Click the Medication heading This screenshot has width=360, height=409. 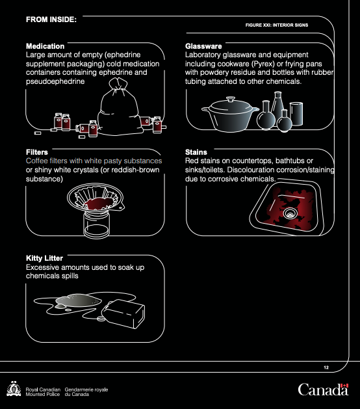pyautogui.click(x=45, y=46)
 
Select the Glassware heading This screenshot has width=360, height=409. pyautogui.click(x=203, y=46)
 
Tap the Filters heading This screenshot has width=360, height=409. pyautogui.click(x=37, y=152)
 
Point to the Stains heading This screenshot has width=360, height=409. pyautogui.click(x=196, y=152)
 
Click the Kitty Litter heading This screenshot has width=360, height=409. pyautogui.click(x=44, y=258)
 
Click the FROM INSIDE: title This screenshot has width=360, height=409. pyautogui.click(x=51, y=20)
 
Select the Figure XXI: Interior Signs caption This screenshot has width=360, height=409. pyautogui.click(x=277, y=25)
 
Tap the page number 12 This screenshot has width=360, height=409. pyautogui.click(x=326, y=367)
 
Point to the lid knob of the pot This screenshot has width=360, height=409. pyautogui.click(x=231, y=99)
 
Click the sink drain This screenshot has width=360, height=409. pyautogui.click(x=290, y=213)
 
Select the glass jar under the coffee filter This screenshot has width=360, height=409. pyautogui.click(x=96, y=224)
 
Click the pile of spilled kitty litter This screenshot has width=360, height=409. pyautogui.click(x=77, y=300)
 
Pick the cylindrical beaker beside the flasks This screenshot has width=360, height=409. pyautogui.click(x=296, y=114)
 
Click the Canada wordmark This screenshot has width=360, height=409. pyautogui.click(x=323, y=389)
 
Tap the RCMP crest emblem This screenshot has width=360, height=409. pyautogui.click(x=14, y=389)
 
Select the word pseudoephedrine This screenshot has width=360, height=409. pyautogui.click(x=55, y=81)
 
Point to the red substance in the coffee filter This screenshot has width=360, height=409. pyautogui.click(x=97, y=203)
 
